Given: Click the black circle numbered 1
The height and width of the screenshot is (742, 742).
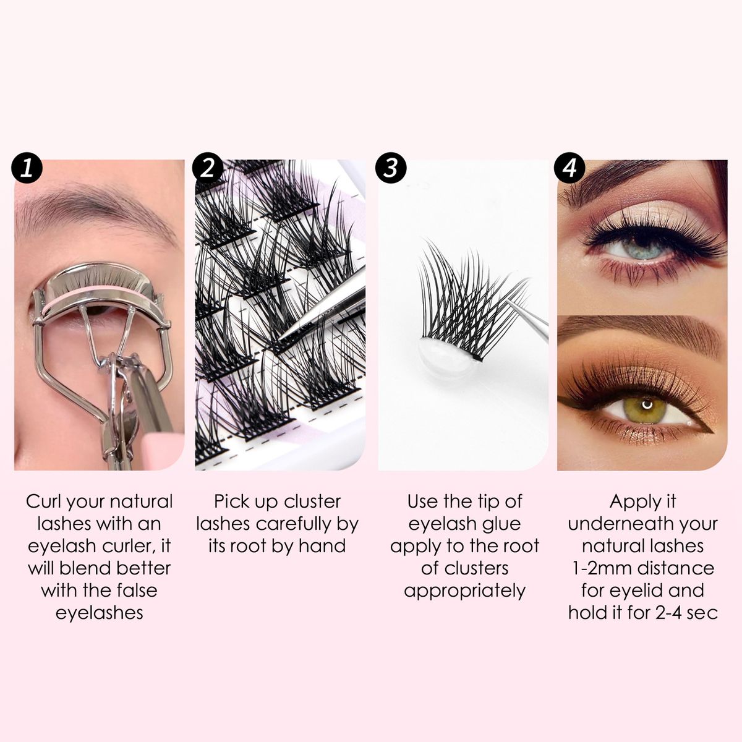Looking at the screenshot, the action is coord(27,168).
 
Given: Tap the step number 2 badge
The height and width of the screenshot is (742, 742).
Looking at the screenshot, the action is coord(208,168).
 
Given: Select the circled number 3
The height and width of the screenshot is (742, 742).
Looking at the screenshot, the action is coord(391,168).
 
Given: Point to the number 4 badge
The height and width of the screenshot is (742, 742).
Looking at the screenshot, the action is coord(570,168).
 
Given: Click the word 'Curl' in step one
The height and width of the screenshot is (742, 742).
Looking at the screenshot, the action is coord(40,502).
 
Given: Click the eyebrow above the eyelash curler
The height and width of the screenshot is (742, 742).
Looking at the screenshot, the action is coord(92,210).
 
